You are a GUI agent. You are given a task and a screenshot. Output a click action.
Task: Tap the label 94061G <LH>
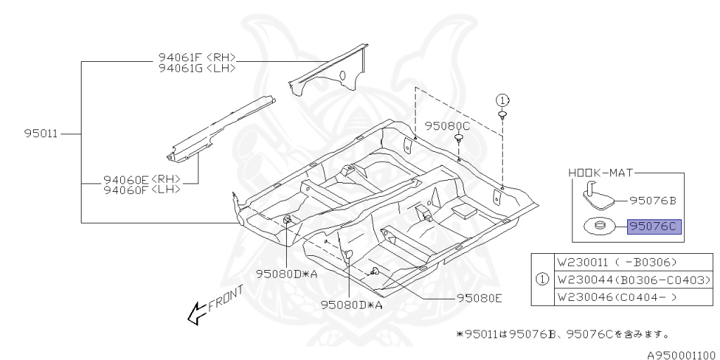196,68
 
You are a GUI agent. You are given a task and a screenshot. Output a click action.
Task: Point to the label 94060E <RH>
141,179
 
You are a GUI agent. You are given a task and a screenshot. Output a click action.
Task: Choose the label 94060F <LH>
141,189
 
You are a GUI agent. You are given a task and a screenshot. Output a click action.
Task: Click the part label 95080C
447,127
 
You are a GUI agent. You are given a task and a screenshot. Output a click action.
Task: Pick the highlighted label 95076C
655,226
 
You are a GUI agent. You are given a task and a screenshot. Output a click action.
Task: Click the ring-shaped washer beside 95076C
598,226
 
